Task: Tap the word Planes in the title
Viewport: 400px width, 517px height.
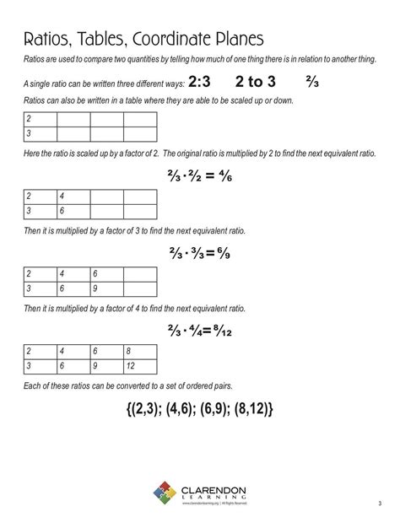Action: [236, 40]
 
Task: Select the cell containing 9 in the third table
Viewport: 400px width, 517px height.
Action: [107, 289]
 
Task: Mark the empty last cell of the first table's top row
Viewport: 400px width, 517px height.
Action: [140, 119]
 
